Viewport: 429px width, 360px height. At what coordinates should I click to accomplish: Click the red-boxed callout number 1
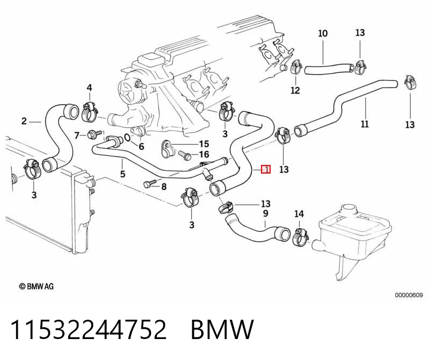[266, 169]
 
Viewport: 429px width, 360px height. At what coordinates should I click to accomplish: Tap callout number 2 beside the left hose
[24, 121]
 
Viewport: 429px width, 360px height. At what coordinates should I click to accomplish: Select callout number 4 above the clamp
[90, 88]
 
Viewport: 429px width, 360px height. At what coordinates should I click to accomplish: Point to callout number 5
[122, 174]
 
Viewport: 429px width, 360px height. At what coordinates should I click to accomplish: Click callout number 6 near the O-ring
[141, 147]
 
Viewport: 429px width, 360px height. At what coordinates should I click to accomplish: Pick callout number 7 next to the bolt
[77, 135]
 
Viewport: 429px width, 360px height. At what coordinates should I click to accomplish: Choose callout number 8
[164, 186]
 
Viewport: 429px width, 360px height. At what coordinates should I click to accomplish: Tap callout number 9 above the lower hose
[265, 213]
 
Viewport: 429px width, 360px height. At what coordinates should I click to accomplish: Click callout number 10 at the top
[323, 33]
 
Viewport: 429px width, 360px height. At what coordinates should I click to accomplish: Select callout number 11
[365, 124]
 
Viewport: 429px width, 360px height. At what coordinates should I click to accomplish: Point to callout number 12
[295, 90]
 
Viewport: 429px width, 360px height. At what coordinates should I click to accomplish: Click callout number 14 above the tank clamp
[299, 213]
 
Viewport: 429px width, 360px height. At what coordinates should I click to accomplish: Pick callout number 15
[204, 144]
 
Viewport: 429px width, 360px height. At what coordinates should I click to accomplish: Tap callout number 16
[204, 154]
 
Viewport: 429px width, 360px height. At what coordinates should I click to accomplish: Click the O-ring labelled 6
[127, 137]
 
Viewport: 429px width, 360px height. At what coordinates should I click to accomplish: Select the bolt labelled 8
[149, 183]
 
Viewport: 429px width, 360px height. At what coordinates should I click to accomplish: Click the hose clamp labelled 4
[89, 111]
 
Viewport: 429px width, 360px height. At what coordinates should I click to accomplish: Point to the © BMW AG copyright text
[36, 286]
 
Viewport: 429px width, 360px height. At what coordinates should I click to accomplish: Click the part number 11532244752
[88, 329]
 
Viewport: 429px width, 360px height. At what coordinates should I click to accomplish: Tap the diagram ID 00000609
[409, 295]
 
